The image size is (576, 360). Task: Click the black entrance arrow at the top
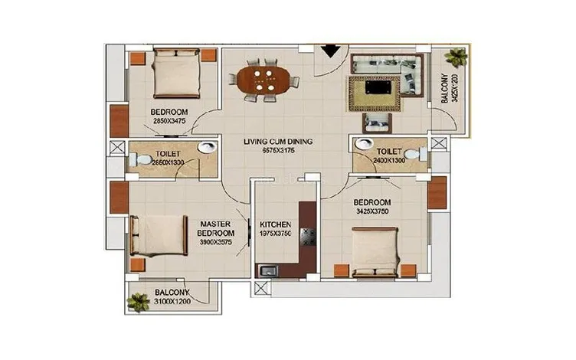point(331,51)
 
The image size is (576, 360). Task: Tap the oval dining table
point(263,78)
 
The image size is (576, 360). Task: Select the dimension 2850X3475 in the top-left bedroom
point(170,121)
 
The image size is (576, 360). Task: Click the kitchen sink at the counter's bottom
point(269,270)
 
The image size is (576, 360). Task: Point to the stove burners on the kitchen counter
point(309,235)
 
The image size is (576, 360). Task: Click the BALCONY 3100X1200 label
point(173,297)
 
